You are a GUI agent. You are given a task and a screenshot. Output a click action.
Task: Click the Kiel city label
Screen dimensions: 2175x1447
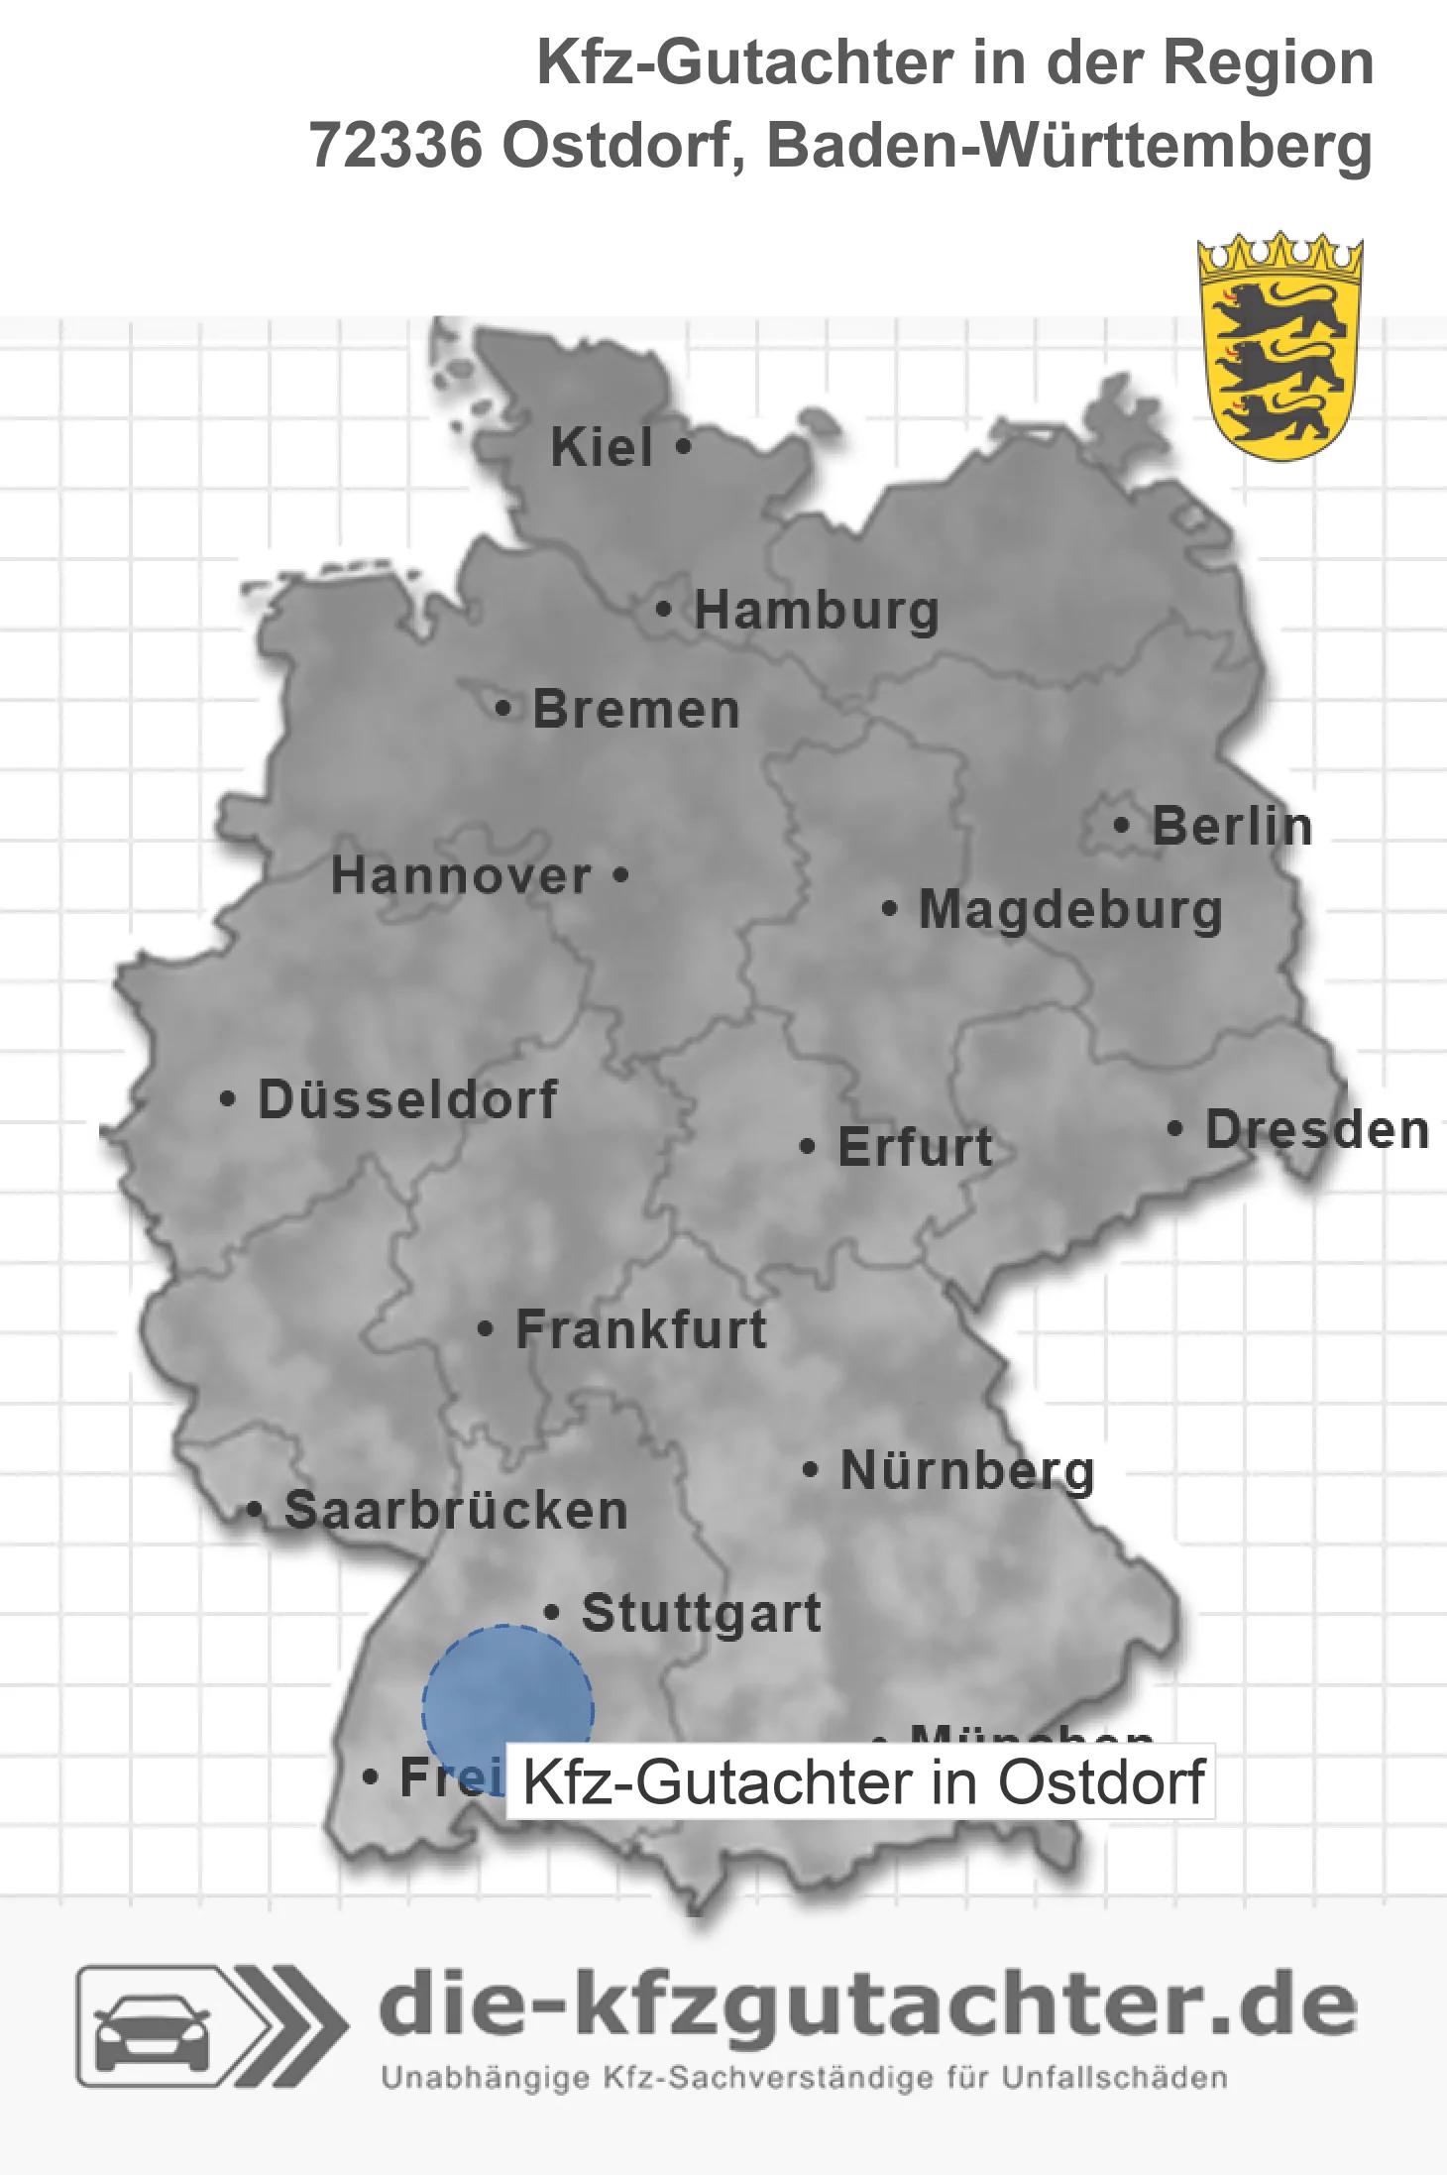click(602, 447)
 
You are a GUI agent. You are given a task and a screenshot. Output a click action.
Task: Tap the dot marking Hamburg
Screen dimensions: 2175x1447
click(664, 610)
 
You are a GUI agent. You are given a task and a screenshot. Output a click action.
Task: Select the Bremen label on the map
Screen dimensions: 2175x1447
click(636, 710)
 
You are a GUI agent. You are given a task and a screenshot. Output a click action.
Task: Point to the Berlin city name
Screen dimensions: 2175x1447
click(1232, 826)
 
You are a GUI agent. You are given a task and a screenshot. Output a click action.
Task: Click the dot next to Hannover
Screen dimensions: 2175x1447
click(621, 874)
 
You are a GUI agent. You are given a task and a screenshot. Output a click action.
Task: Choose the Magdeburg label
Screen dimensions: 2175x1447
click(1070, 910)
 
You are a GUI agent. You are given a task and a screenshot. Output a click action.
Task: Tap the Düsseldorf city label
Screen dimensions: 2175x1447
click(407, 1099)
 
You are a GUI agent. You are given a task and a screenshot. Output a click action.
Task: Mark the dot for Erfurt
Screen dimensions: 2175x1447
click(808, 1147)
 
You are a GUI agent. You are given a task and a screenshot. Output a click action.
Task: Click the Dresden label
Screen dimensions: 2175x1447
click(1317, 1130)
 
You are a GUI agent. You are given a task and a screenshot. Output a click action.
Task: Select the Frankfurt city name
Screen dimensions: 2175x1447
click(641, 1329)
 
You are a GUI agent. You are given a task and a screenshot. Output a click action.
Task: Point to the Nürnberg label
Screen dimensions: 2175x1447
click(967, 1470)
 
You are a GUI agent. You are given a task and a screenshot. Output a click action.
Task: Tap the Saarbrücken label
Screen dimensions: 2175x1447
click(456, 1511)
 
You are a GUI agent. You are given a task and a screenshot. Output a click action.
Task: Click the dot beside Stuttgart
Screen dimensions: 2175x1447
click(552, 1612)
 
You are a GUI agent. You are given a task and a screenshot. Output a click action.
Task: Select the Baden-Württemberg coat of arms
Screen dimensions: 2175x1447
click(1280, 346)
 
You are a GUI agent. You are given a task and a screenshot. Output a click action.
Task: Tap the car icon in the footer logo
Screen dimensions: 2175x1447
click(152, 2028)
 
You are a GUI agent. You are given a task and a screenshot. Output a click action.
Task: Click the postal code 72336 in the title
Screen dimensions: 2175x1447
click(395, 146)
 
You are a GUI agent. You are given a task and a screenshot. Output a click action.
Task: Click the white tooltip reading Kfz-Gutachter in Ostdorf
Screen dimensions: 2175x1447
click(861, 1782)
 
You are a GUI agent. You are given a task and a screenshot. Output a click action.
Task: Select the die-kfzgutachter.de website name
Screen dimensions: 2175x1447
click(867, 2005)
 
